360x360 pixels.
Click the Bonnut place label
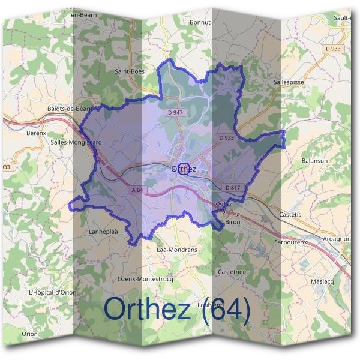pos(200,22)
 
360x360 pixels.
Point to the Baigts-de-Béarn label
pos(69,109)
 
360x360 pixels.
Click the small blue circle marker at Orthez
pos(184,169)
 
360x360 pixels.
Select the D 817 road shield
pos(233,188)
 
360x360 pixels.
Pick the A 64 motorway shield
pos(137,190)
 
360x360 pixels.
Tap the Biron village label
pos(232,222)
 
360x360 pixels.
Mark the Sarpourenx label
pos(290,242)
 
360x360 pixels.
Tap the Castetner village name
pos(231,272)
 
